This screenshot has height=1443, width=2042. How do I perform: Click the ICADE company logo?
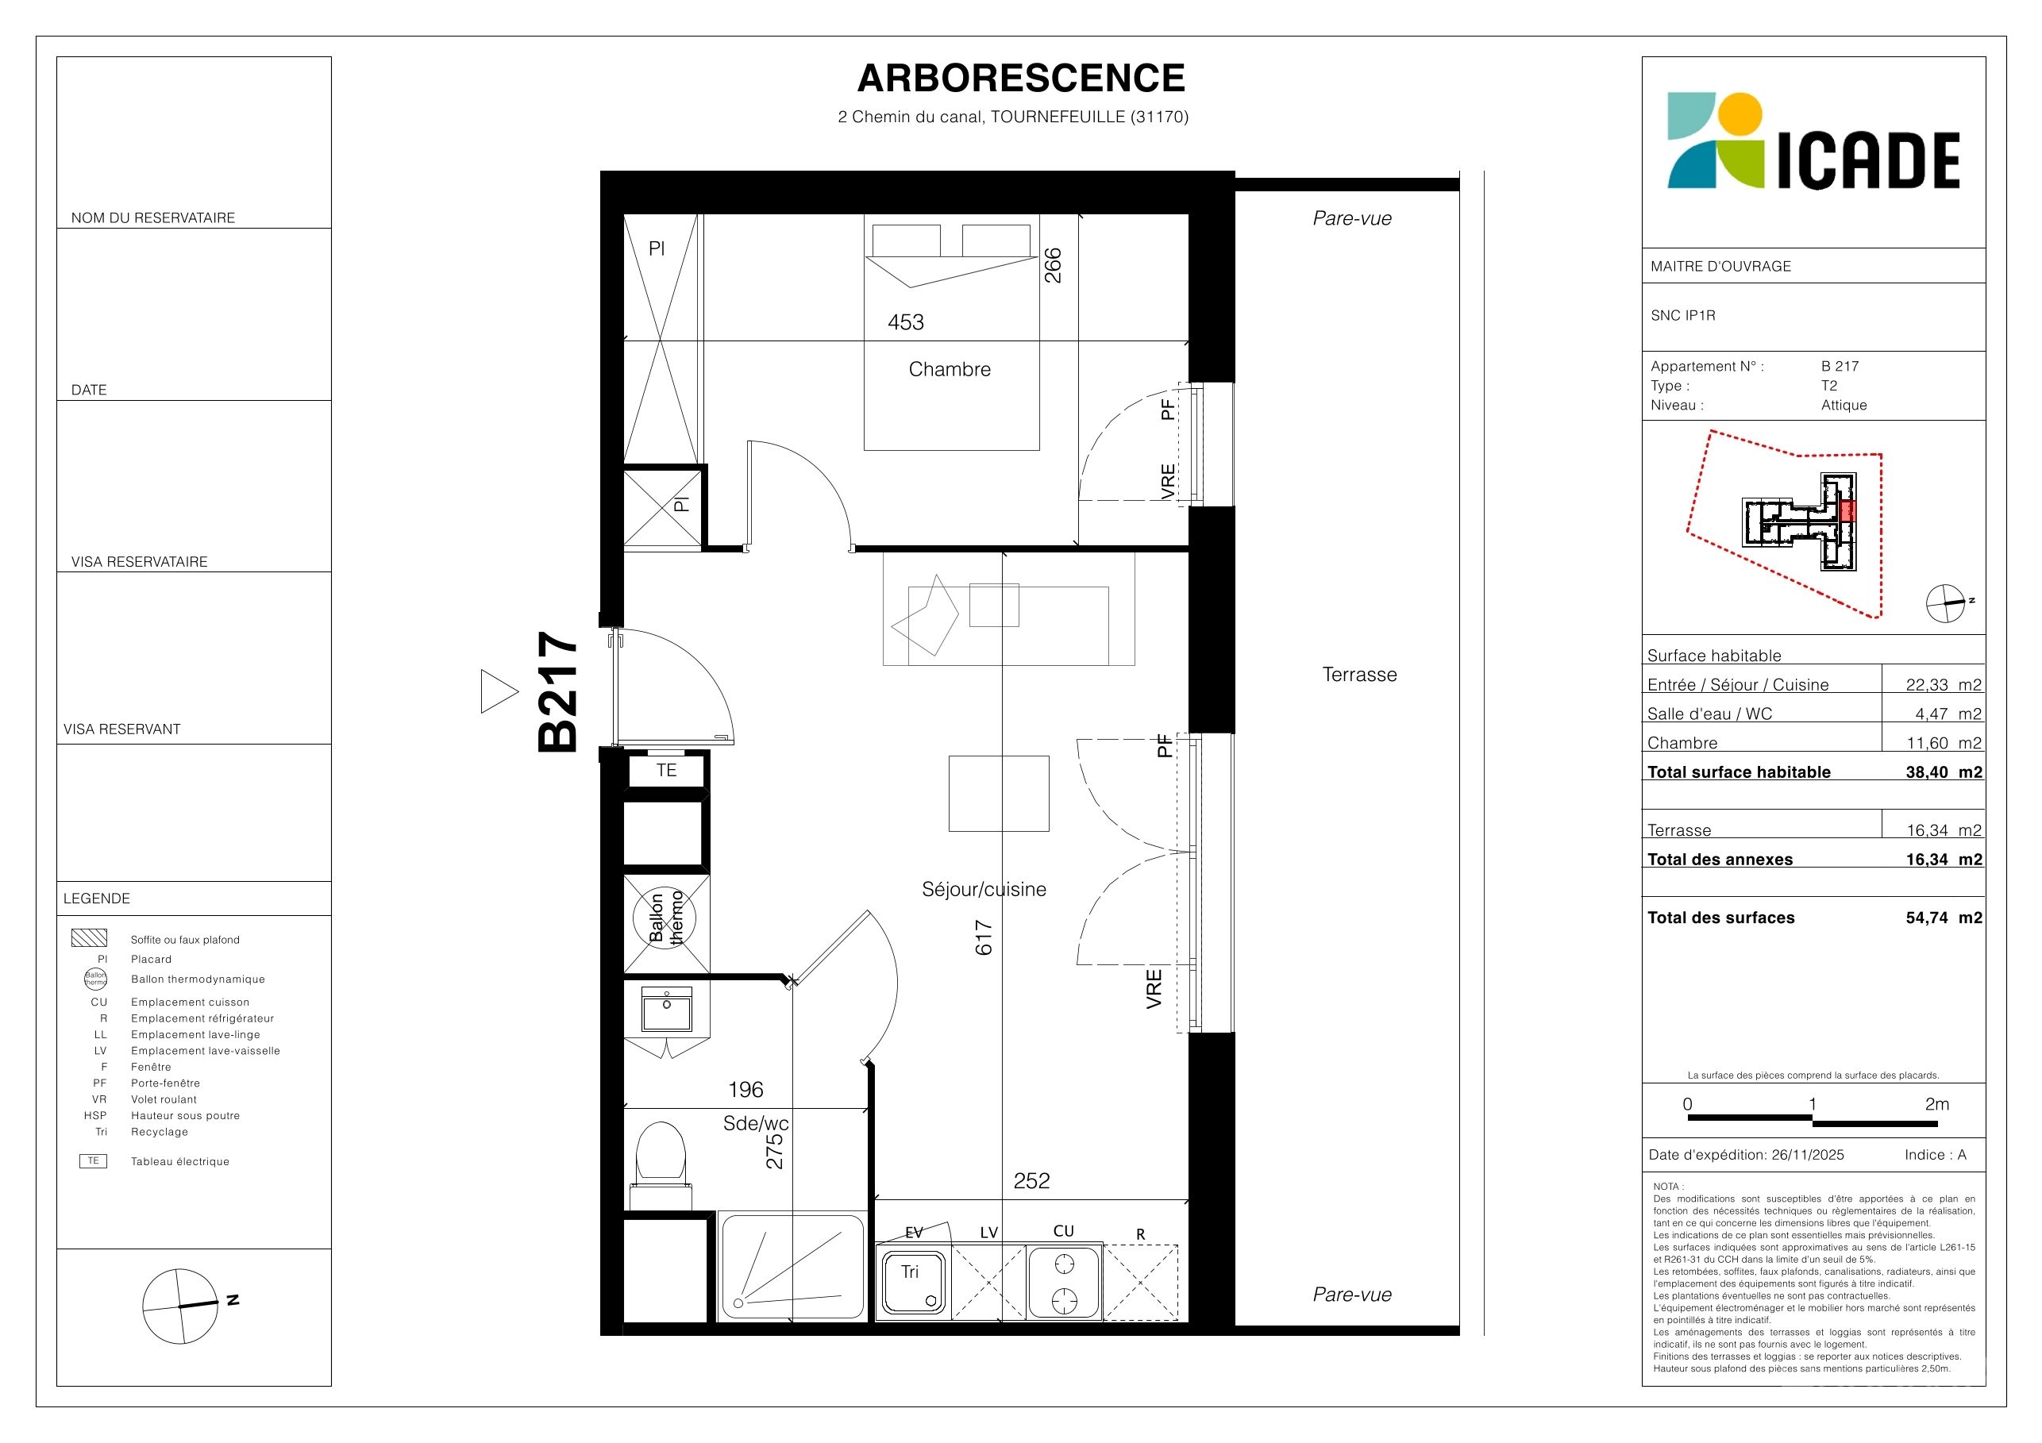click(x=1813, y=141)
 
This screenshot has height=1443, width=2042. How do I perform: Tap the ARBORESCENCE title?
click(x=1021, y=79)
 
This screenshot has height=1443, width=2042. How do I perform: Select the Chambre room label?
click(x=949, y=369)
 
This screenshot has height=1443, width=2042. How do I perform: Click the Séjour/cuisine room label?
click(x=984, y=889)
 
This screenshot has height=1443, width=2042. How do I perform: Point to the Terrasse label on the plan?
click(x=1359, y=674)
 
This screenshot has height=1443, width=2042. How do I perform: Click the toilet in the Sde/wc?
click(x=661, y=1153)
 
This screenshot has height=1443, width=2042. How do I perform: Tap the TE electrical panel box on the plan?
click(x=666, y=770)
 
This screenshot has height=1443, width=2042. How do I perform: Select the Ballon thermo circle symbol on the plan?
click(x=665, y=918)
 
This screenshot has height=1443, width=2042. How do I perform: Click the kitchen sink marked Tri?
click(x=913, y=1281)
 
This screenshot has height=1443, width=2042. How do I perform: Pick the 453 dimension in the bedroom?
click(x=905, y=321)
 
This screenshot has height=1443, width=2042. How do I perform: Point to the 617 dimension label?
click(x=984, y=937)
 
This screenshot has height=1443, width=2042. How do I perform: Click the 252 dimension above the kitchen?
click(x=1031, y=1181)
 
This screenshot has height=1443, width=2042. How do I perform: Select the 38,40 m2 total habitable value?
click(x=1944, y=772)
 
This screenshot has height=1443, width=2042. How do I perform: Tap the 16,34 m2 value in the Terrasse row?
click(x=1944, y=830)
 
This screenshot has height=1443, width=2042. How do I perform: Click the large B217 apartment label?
click(x=558, y=691)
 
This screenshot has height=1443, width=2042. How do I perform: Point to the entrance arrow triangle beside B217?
click(x=499, y=691)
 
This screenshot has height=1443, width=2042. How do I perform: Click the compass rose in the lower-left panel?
click(x=180, y=1306)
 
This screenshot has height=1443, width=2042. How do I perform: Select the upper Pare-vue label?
click(x=1352, y=217)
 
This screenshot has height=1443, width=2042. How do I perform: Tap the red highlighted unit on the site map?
click(x=1848, y=511)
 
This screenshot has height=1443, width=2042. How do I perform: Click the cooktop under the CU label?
click(x=1065, y=1281)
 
